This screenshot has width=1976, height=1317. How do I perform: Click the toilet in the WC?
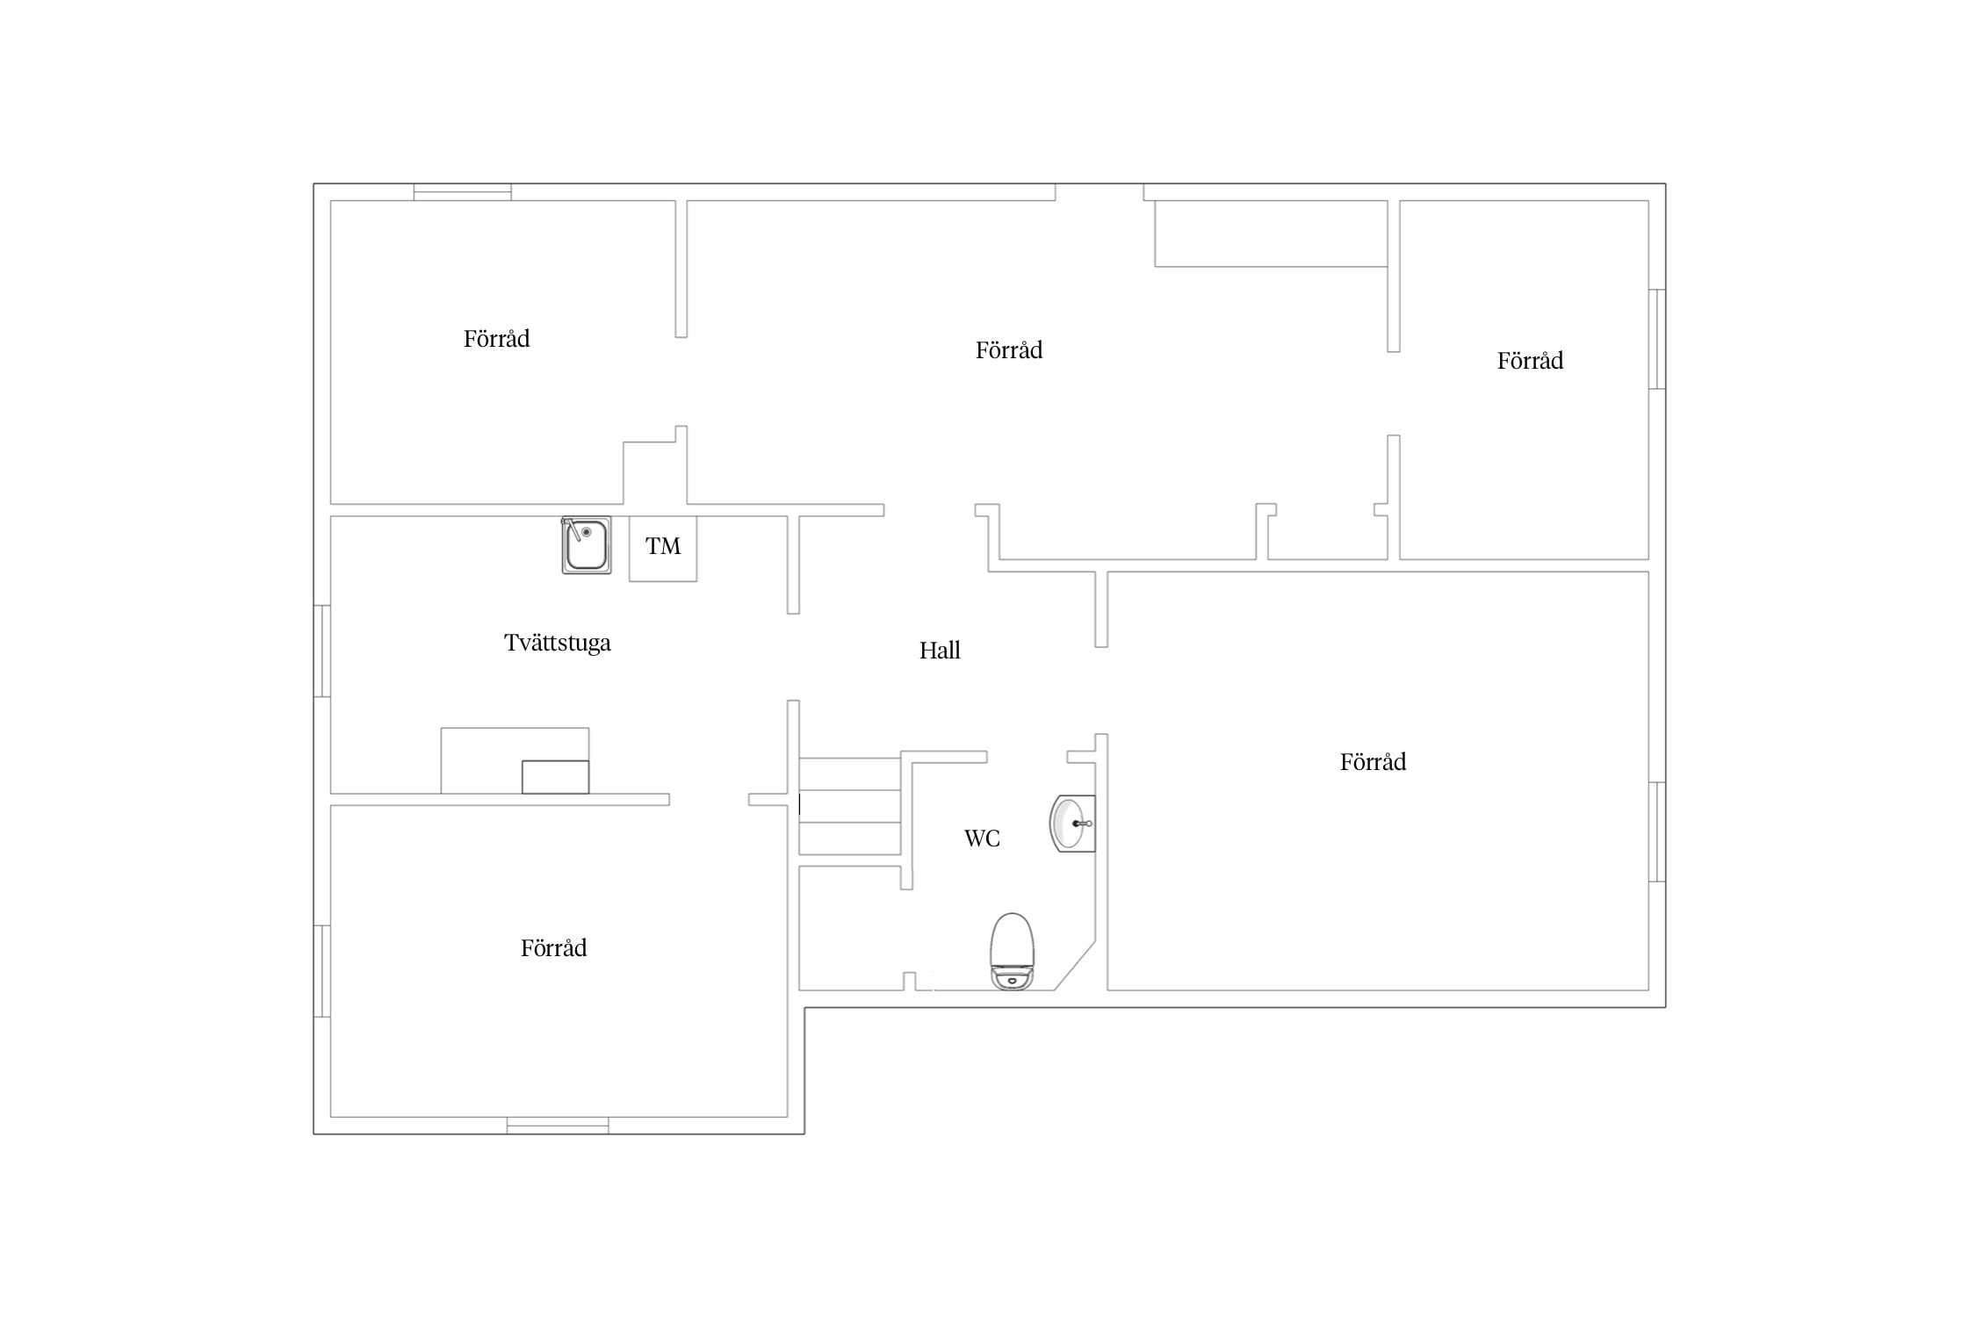tap(1012, 951)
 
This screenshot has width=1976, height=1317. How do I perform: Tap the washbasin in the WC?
tap(1072, 824)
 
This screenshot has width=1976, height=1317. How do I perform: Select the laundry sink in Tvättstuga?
tap(586, 545)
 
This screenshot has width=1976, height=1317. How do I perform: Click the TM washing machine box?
tap(663, 548)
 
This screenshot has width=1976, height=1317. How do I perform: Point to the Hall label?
tap(940, 651)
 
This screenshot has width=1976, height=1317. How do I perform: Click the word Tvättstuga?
tap(558, 644)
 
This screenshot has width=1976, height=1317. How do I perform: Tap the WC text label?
tap(982, 838)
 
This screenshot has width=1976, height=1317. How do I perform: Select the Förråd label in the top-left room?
tap(496, 339)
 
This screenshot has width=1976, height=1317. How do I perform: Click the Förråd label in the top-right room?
tap(1530, 361)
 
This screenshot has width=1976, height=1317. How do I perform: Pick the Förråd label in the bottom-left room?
tap(553, 948)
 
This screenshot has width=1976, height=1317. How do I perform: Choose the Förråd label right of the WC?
tap(1373, 762)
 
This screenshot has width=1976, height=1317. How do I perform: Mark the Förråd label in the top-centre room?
tap(1009, 350)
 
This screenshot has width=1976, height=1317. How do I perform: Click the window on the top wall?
tap(463, 192)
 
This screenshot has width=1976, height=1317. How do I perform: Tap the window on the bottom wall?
tap(558, 1126)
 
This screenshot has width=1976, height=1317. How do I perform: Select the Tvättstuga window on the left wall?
tap(322, 651)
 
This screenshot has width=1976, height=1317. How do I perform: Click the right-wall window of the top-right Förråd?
tap(1657, 339)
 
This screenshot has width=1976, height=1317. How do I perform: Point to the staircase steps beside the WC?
tap(850, 806)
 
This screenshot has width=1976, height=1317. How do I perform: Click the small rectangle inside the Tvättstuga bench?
tap(555, 777)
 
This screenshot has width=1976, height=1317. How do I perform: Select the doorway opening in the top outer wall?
tap(1100, 192)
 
